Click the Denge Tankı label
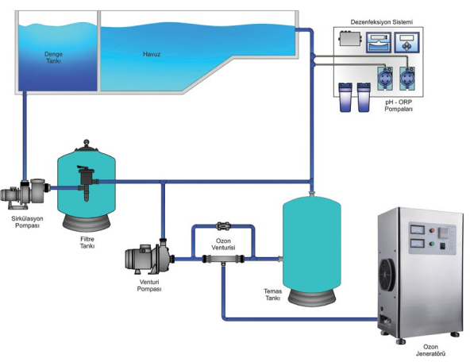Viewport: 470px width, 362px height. [x=53, y=57]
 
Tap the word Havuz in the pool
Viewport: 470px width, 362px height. [x=152, y=54]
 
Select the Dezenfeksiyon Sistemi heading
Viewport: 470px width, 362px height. [x=381, y=22]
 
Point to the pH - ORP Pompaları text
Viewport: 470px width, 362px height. [x=399, y=106]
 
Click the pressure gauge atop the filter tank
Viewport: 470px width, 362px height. [x=87, y=142]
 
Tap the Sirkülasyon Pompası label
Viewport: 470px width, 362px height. [x=27, y=222]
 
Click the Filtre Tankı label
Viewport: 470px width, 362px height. [x=87, y=242]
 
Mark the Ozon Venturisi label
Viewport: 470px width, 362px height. [x=223, y=245]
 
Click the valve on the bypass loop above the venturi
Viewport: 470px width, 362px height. [x=223, y=226]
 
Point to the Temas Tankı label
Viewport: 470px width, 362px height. [x=273, y=295]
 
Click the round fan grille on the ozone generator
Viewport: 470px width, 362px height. [x=387, y=275]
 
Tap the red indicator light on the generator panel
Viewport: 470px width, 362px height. [x=432, y=231]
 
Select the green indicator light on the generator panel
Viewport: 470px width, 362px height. [x=432, y=244]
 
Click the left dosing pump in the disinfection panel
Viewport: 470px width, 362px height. [x=384, y=79]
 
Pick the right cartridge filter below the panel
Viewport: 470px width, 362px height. [x=364, y=97]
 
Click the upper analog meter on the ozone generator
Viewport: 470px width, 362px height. [x=417, y=230]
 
